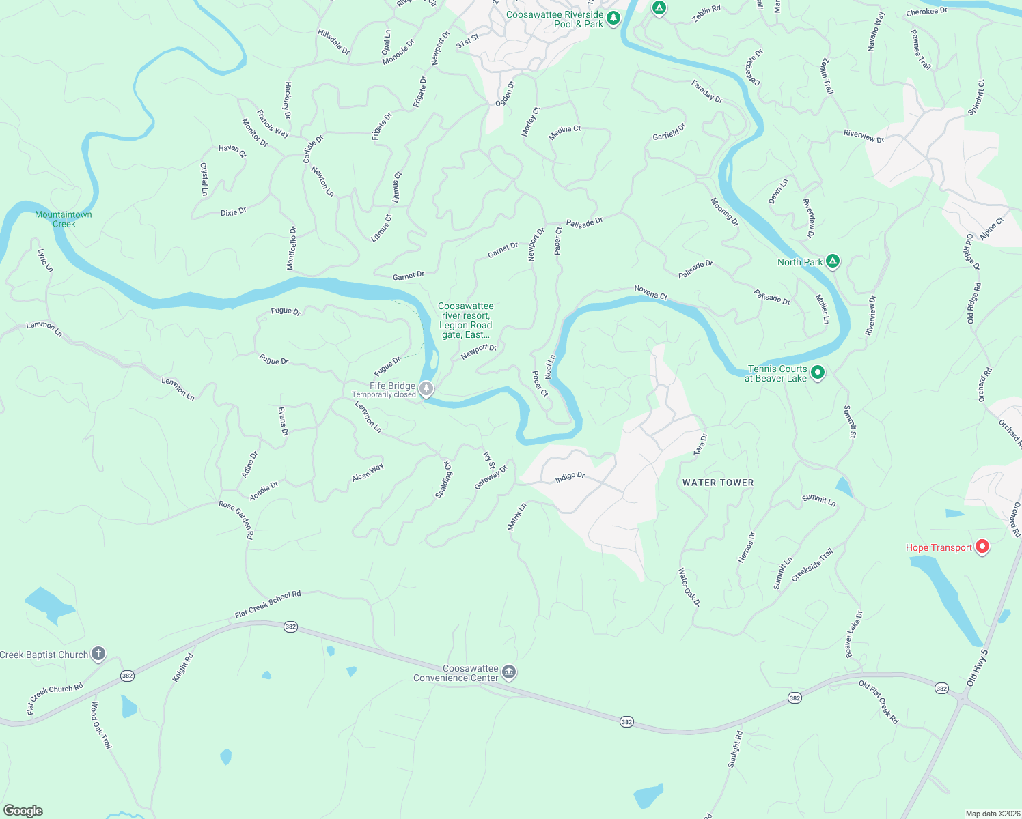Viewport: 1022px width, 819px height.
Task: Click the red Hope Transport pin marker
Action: point(982,546)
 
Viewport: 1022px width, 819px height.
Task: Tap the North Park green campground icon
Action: point(832,261)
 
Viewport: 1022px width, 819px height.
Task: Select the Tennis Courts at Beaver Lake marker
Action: point(817,373)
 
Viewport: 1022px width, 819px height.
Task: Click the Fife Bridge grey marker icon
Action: point(426,389)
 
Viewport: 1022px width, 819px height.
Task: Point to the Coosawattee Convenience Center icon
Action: point(509,673)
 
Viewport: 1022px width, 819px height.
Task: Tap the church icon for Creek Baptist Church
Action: point(98,654)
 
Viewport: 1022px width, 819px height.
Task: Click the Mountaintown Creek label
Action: point(64,219)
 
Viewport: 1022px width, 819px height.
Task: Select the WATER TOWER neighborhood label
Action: point(718,483)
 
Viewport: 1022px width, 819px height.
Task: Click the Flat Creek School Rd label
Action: point(268,605)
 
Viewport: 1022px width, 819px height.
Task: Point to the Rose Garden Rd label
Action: point(236,519)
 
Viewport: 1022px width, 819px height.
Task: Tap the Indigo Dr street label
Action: point(570,476)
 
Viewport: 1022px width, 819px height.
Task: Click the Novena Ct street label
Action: point(650,292)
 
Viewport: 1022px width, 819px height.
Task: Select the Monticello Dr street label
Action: point(292,247)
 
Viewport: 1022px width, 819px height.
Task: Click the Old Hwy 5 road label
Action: point(978,667)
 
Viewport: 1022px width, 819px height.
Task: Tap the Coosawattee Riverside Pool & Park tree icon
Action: point(613,18)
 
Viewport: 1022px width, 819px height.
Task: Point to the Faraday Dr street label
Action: point(707,91)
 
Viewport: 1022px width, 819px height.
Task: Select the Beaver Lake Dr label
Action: point(854,634)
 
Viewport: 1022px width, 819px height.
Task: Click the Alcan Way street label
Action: point(368,472)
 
